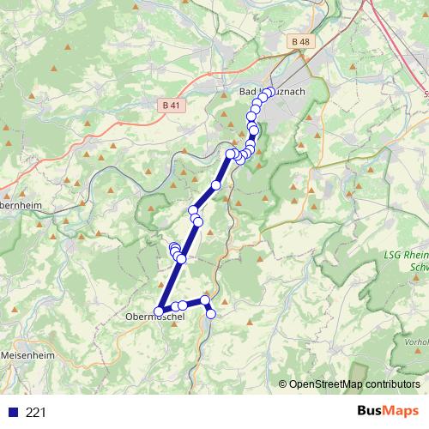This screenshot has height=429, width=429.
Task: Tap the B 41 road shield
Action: (172, 105)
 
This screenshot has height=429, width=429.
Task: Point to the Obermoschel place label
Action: (154, 317)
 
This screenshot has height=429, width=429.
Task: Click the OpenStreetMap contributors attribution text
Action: (354, 384)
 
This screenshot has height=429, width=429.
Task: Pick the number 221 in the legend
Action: (37, 413)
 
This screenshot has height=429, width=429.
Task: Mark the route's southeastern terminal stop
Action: (210, 314)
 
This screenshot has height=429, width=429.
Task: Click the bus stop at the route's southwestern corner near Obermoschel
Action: (159, 311)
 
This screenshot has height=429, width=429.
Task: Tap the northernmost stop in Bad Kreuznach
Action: (269, 92)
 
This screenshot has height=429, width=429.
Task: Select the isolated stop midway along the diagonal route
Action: (216, 185)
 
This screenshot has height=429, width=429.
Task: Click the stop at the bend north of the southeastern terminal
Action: (206, 299)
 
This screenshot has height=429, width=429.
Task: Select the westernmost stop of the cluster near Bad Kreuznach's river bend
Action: (229, 154)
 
